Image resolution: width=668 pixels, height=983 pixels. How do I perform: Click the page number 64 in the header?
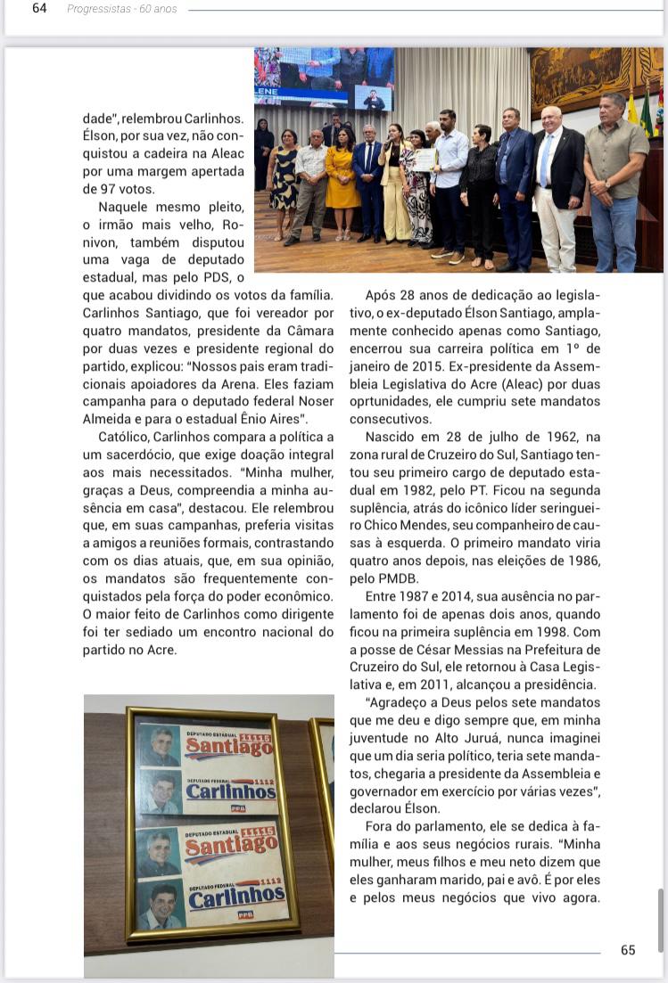click(39, 9)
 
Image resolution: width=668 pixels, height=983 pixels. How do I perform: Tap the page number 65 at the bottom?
click(628, 950)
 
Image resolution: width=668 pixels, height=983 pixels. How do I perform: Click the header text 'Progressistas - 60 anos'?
click(122, 9)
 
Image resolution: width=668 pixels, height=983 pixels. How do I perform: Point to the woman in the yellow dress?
click(342, 183)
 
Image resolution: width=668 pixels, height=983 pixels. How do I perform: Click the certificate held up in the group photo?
click(424, 160)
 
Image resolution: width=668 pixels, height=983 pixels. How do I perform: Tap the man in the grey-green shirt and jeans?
click(614, 178)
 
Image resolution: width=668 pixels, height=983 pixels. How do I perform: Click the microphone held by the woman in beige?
click(390, 143)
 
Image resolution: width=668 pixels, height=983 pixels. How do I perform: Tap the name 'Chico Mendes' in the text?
click(386, 526)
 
